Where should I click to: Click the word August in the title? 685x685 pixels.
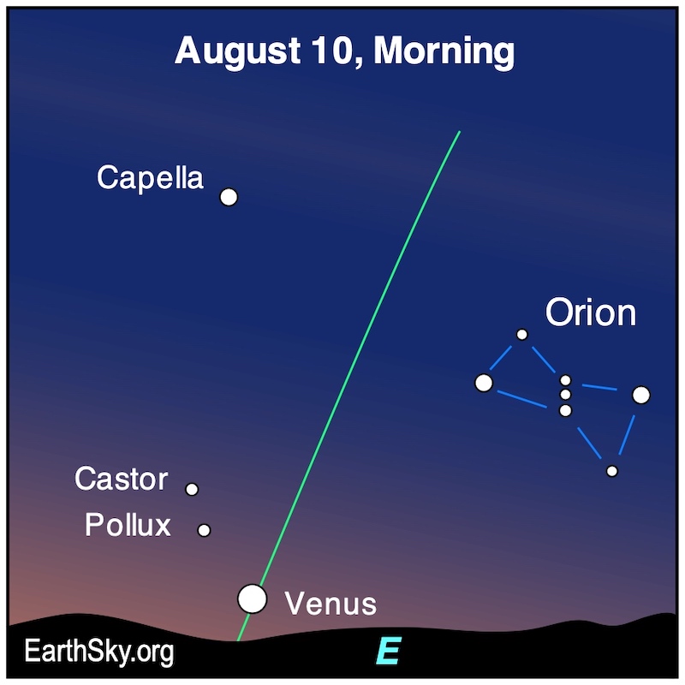click(237, 52)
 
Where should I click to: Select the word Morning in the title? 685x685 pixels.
click(444, 52)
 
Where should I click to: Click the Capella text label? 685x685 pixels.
click(150, 178)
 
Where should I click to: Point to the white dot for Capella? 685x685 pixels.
click(229, 197)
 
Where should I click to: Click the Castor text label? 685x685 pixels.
click(121, 479)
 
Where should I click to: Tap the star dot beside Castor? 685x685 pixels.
click(192, 489)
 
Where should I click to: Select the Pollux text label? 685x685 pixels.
click(128, 524)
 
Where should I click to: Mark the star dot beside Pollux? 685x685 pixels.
click(204, 530)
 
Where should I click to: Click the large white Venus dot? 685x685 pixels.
click(252, 599)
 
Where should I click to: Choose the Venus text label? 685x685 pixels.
click(331, 604)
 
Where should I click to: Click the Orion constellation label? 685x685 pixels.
click(591, 312)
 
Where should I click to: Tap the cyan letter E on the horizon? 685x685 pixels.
click(389, 651)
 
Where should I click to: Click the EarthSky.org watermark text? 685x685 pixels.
click(99, 652)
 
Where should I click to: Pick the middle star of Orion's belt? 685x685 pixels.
click(565, 395)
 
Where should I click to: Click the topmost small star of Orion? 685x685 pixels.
click(521, 335)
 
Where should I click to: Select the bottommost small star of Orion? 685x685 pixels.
click(612, 471)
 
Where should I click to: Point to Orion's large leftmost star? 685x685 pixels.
click(484, 383)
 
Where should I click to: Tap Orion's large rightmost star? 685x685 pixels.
click(640, 395)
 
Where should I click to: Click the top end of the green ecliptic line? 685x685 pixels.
click(460, 131)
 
